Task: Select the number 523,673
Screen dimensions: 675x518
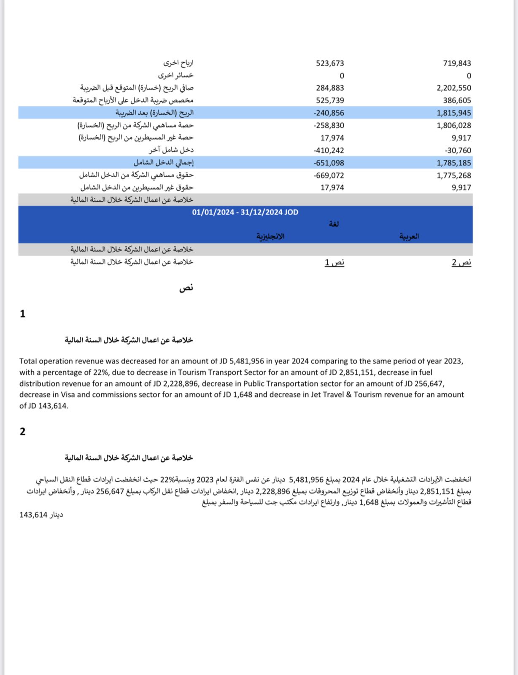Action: click(x=330, y=63)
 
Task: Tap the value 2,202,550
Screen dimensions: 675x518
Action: click(x=454, y=88)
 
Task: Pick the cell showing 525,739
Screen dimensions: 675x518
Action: click(x=330, y=100)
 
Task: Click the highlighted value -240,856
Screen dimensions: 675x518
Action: click(x=329, y=113)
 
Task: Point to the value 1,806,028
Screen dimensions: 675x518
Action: click(x=454, y=125)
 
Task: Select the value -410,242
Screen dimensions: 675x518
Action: click(x=329, y=150)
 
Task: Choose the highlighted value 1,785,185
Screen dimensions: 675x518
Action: click(x=454, y=163)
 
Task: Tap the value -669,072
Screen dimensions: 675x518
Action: click(x=329, y=175)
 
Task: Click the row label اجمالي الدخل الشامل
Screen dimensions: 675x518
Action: click(x=164, y=162)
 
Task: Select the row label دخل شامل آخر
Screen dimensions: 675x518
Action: click(x=171, y=150)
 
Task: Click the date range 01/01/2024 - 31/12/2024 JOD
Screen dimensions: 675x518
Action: click(x=245, y=212)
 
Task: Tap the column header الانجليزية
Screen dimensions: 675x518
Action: click(x=270, y=236)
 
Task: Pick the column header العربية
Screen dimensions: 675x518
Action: click(x=409, y=236)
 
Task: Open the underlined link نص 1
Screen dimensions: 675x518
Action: click(x=335, y=262)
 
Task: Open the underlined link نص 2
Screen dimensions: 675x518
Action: click(x=461, y=262)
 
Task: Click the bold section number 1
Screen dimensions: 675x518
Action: click(x=23, y=314)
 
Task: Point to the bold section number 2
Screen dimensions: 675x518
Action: click(x=23, y=432)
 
